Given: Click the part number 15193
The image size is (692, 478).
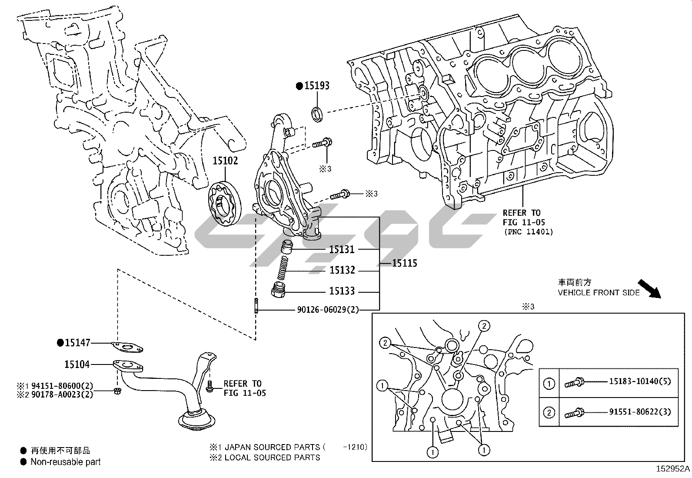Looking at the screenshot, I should click(316, 86).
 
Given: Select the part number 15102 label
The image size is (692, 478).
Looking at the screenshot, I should click(225, 161).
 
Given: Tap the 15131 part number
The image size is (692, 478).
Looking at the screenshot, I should click(342, 250).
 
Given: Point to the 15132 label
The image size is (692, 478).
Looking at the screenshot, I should click(342, 271).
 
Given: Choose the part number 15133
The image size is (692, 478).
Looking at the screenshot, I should click(342, 291).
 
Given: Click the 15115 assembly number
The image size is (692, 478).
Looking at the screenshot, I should click(404, 263).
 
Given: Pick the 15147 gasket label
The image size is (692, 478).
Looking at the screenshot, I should click(77, 343).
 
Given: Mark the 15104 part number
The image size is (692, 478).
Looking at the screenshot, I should click(77, 364).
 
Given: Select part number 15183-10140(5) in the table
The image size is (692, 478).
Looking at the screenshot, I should click(639, 381).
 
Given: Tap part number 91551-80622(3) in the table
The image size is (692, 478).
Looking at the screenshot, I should click(639, 411).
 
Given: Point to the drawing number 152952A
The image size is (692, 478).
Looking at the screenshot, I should click(673, 469).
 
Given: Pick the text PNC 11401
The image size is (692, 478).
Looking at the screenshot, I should click(529, 232).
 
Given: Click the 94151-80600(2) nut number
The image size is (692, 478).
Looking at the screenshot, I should click(61, 386).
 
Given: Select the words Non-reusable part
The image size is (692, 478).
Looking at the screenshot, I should click(66, 462).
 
